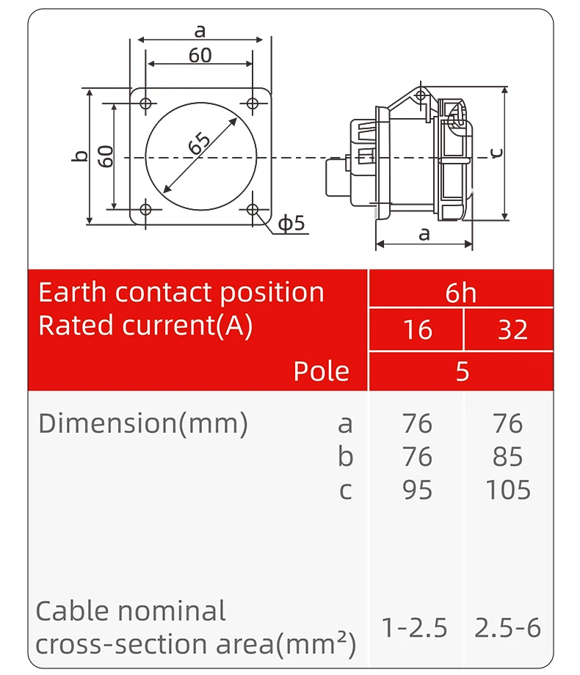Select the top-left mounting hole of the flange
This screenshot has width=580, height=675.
click(145, 103)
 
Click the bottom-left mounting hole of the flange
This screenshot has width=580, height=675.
click(145, 210)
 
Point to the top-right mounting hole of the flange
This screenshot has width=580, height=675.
click(253, 103)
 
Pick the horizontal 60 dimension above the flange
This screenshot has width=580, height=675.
click(200, 55)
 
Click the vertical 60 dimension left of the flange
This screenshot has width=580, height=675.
click(106, 156)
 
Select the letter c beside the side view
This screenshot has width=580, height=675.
click(497, 152)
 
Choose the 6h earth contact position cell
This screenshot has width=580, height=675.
click(460, 293)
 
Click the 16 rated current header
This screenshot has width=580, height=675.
click(417, 330)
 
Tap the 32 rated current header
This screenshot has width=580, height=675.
click(512, 330)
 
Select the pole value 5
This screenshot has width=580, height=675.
click(462, 371)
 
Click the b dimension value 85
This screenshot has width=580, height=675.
click(508, 456)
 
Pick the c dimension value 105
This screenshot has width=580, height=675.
click(508, 489)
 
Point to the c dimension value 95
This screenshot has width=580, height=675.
click(417, 489)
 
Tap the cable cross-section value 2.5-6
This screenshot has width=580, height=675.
click(507, 628)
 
